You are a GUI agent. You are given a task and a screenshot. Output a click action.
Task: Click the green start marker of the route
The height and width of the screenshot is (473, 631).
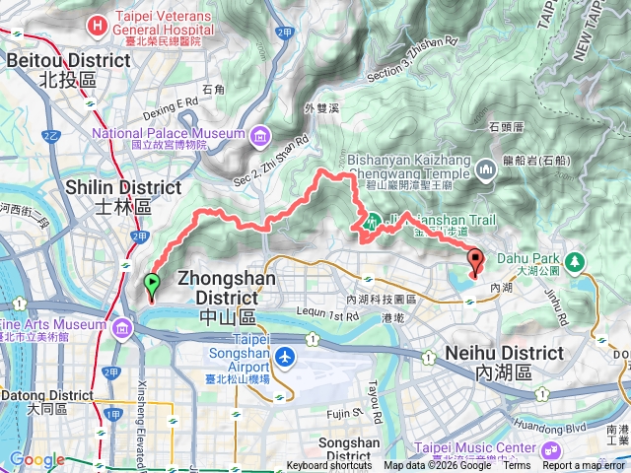point(151,285)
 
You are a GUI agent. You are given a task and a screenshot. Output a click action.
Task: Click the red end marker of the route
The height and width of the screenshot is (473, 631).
point(476,262)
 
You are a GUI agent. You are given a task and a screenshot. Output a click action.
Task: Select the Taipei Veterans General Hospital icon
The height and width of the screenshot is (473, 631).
point(97,22)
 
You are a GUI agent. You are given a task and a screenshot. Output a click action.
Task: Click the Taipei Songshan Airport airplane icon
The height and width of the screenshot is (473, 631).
point(285,357)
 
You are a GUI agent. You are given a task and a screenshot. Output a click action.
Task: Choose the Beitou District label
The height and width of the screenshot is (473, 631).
point(67,68)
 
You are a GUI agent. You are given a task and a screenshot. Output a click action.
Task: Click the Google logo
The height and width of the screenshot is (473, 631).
point(36,460)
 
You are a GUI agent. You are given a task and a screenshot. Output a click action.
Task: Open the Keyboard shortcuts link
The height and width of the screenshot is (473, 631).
point(329,466)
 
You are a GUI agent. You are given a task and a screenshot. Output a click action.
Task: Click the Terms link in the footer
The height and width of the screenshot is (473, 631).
point(516,466)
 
